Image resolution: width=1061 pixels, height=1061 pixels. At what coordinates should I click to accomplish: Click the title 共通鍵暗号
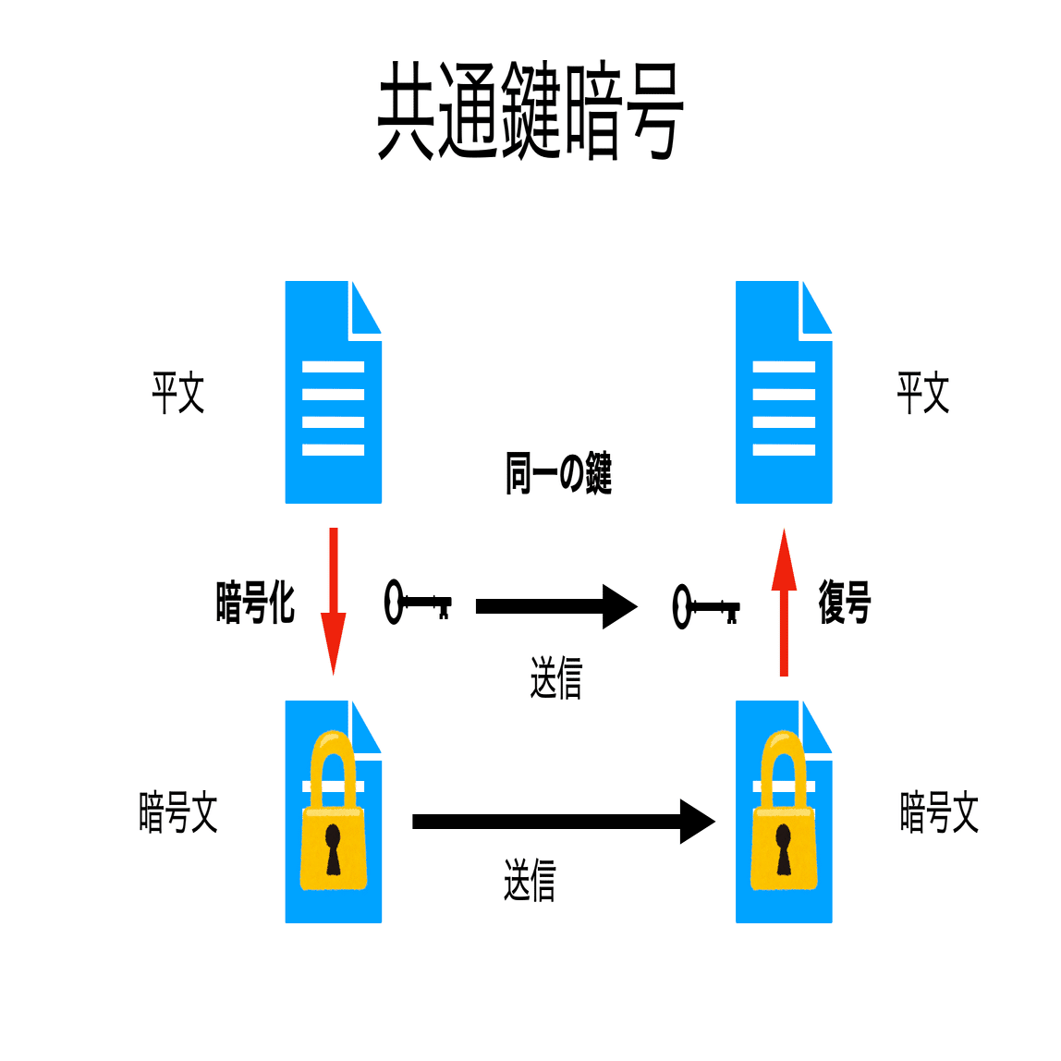(x=530, y=110)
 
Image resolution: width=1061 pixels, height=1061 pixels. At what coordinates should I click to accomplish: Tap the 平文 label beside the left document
(x=178, y=393)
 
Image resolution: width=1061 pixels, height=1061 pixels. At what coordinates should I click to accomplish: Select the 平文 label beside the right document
(x=923, y=393)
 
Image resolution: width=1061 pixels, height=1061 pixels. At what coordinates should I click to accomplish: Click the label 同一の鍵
(x=558, y=473)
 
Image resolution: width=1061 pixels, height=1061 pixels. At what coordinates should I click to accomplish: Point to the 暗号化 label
(x=255, y=602)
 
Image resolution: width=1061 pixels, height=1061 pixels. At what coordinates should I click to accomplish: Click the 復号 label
(x=845, y=602)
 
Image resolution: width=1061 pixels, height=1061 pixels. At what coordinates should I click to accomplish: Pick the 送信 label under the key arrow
(x=556, y=677)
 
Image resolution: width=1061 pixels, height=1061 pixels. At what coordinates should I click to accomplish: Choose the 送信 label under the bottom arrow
(x=530, y=880)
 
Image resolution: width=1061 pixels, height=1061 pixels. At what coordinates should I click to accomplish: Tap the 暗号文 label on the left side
(x=178, y=812)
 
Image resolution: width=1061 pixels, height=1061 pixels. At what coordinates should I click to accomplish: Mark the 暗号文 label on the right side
(x=939, y=812)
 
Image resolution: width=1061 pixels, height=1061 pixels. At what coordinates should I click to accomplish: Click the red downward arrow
(x=333, y=602)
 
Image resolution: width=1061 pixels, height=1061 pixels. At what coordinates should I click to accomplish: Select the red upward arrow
(x=784, y=603)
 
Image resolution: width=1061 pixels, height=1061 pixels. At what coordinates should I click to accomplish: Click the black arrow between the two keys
(x=557, y=606)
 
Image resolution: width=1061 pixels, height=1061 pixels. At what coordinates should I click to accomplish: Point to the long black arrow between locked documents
(x=564, y=822)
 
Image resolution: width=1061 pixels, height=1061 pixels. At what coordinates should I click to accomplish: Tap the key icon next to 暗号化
(x=418, y=602)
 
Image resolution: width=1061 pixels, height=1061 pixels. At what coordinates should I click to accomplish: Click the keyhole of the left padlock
(x=333, y=849)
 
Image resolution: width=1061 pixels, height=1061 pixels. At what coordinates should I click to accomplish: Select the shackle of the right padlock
(x=784, y=769)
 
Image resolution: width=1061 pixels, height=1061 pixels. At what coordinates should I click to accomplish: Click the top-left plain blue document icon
(x=334, y=392)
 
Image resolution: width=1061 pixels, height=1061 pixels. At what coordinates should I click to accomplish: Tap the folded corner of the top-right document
(x=816, y=308)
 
